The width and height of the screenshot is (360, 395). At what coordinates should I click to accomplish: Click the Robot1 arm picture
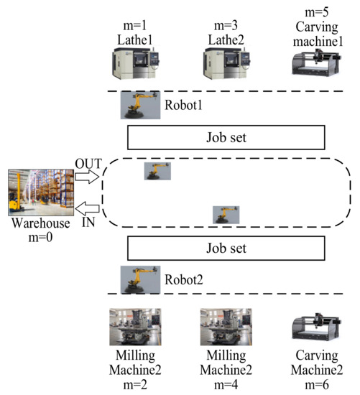tap(137, 105)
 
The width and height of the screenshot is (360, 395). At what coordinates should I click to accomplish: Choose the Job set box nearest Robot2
tap(227, 248)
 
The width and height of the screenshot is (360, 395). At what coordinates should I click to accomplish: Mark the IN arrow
tap(88, 209)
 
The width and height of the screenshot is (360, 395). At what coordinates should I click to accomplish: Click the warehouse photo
tap(40, 193)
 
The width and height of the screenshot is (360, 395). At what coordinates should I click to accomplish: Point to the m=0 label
tap(40, 236)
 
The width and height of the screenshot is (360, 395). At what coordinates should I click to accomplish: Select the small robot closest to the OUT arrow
tap(157, 171)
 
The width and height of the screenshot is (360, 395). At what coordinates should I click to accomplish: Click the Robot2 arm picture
tap(139, 279)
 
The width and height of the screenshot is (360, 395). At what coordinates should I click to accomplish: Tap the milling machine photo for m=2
tap(134, 327)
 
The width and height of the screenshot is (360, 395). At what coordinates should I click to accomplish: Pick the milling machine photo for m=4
tap(226, 327)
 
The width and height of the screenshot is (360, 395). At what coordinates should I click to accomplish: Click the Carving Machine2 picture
tap(317, 331)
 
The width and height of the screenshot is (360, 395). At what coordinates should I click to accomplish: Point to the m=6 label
tap(317, 384)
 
